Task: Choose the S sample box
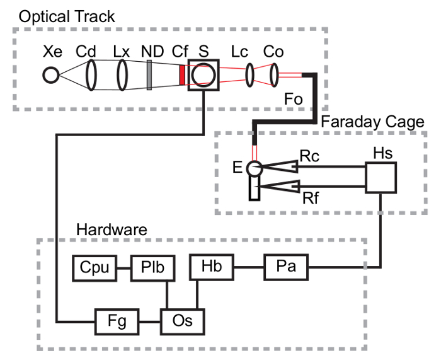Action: click(203, 75)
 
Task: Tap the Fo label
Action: click(294, 100)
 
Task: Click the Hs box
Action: click(381, 177)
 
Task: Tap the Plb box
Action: click(149, 267)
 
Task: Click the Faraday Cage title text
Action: click(373, 122)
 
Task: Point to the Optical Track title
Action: click(67, 16)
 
